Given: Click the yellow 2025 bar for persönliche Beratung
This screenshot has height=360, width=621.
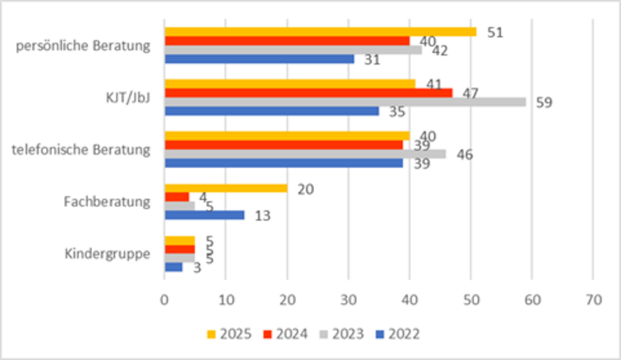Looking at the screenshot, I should [320, 32].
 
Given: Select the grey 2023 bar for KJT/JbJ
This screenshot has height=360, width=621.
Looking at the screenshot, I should [345, 102].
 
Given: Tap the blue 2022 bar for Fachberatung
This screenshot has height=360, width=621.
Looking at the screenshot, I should [204, 215].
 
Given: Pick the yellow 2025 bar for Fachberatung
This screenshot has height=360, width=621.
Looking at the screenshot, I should [226, 188].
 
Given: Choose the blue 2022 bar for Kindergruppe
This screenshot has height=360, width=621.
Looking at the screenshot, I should [173, 267].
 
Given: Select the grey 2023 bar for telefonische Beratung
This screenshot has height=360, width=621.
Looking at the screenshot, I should [305, 154].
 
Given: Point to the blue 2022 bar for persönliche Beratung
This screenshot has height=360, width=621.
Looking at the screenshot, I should [259, 59].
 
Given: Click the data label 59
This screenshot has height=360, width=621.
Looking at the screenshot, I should [543, 102].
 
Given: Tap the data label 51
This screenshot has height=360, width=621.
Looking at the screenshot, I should [495, 32].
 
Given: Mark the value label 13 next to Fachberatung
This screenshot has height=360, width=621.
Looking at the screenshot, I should [263, 216].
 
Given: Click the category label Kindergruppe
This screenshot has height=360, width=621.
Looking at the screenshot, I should [107, 254].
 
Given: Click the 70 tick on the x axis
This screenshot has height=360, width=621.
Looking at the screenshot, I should [593, 300].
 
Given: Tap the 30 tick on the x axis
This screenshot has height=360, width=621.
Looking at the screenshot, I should [348, 300].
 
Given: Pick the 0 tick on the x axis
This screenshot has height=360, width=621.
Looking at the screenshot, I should [164, 300].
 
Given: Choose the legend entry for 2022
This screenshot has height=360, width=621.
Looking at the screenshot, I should [397, 334].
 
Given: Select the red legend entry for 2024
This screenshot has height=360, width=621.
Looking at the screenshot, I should [285, 334].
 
